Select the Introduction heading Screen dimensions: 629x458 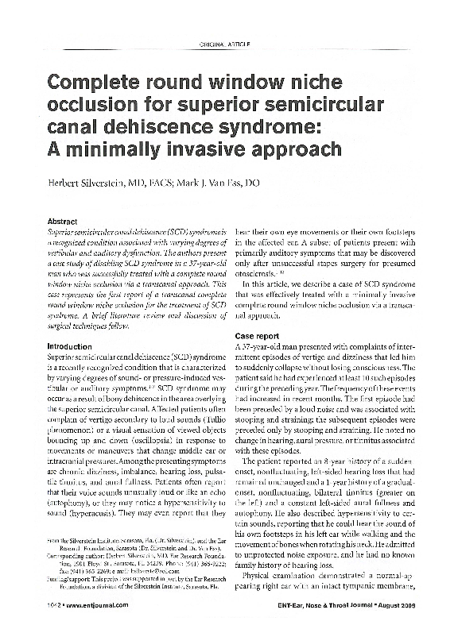pos(72,346)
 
